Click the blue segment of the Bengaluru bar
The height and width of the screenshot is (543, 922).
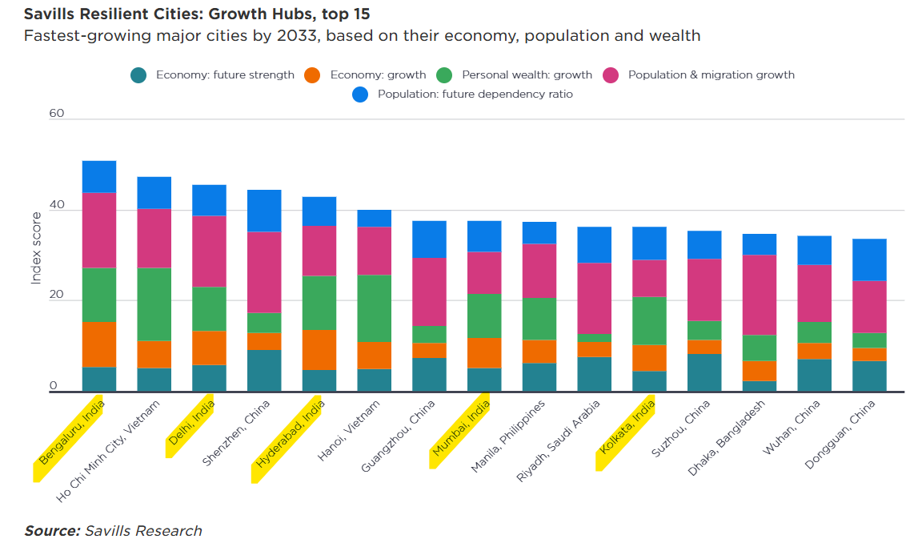98,176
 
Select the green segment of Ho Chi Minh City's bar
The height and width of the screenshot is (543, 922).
154,304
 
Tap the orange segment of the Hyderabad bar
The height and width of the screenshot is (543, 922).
319,349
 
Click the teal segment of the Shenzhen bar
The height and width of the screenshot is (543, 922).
264,371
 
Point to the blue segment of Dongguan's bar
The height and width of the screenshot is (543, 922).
868,259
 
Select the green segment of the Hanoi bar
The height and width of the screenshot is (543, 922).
374,308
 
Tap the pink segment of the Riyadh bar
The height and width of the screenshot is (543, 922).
594,298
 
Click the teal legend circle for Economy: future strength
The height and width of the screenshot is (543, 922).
138,75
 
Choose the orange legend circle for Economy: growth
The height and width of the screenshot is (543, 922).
312,75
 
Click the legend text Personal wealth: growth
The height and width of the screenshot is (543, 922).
527,75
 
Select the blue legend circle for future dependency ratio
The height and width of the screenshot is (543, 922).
360,95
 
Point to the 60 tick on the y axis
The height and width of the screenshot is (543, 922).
56,114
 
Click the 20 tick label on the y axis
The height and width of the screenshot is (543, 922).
56,296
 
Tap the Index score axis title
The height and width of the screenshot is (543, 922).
36,247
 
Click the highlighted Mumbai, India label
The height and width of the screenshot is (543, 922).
460,433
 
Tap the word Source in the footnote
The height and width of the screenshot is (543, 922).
52,531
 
